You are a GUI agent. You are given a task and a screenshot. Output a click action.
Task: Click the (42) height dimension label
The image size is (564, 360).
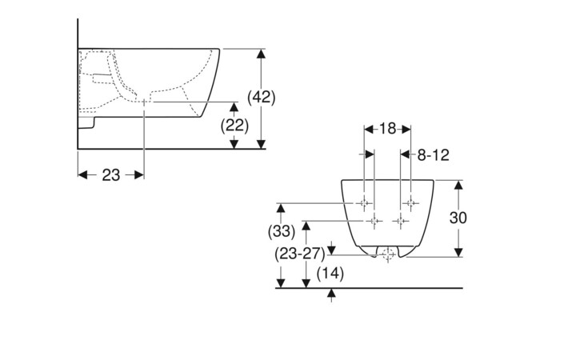pos(261,97)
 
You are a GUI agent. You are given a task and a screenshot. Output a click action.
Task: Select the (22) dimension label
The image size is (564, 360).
pos(234,125)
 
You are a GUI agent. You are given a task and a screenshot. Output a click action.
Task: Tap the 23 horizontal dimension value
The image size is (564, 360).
pos(111,174)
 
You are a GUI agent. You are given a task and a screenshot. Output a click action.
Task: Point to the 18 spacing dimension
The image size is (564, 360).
pos(388,129)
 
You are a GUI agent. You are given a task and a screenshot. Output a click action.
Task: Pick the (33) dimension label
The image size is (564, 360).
pos(281,232)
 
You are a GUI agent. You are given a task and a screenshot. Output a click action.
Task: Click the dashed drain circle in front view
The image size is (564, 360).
pos(388,255)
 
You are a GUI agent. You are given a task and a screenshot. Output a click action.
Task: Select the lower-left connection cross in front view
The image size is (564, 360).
pos(373,219)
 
